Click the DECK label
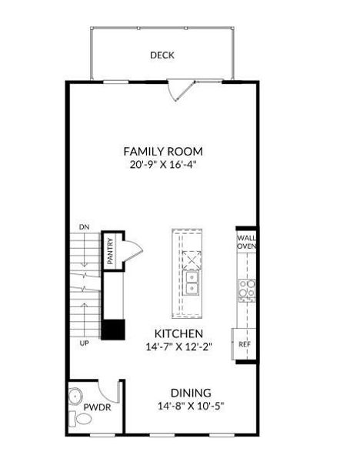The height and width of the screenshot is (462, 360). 162,55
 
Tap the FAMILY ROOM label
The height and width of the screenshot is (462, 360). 163,152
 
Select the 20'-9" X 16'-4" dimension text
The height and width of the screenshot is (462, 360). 163,165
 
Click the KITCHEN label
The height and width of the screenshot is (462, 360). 178,333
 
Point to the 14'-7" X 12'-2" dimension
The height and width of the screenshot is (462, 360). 178,346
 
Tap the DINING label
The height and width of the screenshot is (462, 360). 191,393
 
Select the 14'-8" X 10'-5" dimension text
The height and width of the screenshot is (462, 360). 191,406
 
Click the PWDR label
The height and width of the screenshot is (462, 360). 97,407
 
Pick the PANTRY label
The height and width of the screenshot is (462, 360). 110,251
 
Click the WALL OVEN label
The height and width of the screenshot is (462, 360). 247,242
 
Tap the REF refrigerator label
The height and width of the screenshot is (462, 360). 245,344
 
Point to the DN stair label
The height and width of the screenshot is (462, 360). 84,227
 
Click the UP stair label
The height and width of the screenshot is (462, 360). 84,343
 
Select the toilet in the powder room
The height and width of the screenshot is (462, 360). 80,418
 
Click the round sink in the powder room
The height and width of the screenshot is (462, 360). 75,397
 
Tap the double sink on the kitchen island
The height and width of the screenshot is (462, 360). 191,283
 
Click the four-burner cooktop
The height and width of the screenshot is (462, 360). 247,290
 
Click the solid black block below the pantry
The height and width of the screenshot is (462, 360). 114,330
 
